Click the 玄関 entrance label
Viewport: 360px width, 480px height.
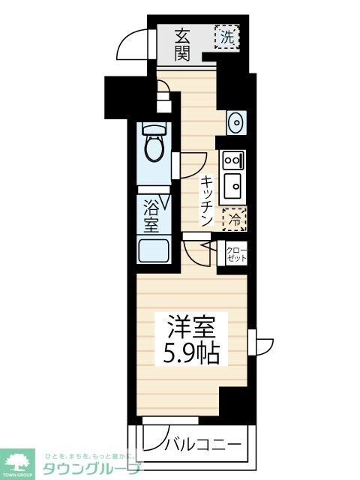183,44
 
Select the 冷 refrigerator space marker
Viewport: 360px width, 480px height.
235,219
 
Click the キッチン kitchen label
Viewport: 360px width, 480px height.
207,200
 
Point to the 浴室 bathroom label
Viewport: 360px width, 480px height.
151,213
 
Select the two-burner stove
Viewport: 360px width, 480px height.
232,160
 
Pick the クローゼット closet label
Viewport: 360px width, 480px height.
235,253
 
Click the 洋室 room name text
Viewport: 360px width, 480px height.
190,328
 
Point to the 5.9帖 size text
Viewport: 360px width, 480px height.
190,352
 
